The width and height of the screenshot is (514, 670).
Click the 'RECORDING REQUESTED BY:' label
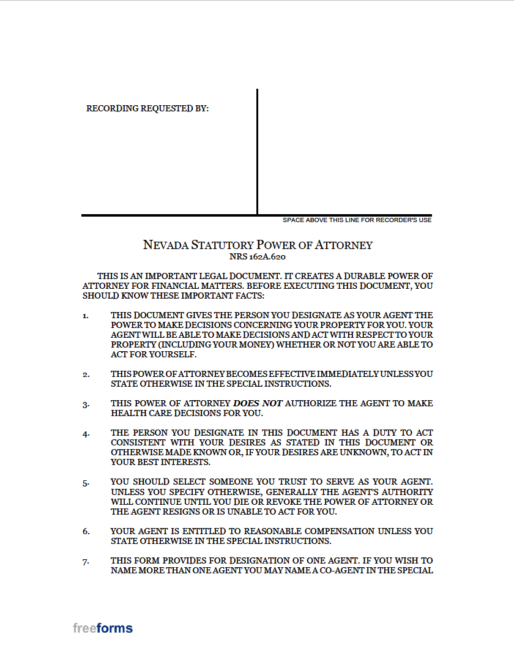[x=147, y=108]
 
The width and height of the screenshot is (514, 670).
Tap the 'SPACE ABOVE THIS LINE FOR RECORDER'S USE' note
[x=357, y=220]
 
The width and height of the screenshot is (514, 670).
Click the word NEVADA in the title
[x=165, y=245]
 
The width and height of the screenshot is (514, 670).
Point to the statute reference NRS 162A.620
[x=258, y=258]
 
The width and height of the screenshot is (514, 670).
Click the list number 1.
[x=86, y=316]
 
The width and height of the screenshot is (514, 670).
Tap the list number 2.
[x=86, y=374]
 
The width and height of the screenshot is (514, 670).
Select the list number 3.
[x=86, y=404]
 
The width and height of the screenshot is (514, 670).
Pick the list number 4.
[x=86, y=434]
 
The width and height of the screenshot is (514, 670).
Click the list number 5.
[x=86, y=483]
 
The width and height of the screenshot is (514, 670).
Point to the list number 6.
[x=86, y=532]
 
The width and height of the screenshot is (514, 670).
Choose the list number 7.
[x=86, y=561]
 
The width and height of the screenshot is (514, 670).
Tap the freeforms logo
[x=103, y=628]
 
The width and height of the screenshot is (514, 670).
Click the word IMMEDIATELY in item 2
[x=347, y=374]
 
